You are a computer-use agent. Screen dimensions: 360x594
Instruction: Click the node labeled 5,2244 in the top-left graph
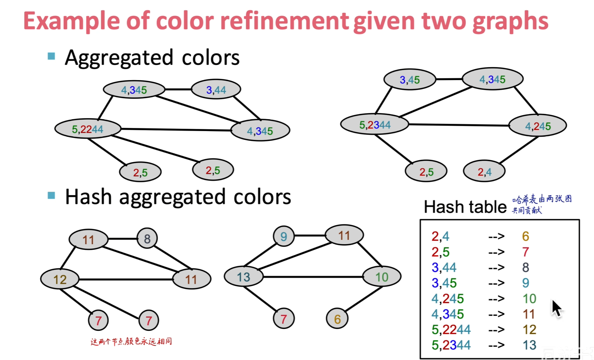88,129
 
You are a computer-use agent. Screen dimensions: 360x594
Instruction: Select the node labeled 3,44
216,90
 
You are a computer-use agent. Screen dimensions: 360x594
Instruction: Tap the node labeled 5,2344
374,125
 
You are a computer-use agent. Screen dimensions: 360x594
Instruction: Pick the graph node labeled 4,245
537,126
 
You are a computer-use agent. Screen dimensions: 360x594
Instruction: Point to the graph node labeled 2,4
484,172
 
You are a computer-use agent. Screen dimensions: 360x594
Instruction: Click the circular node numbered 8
147,238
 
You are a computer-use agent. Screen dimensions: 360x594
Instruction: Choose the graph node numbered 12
60,279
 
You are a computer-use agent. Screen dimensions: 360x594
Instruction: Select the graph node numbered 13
243,277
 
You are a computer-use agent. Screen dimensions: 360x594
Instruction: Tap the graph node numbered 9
284,236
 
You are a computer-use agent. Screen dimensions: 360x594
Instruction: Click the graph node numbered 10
382,277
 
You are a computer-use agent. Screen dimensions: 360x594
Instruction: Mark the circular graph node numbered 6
337,319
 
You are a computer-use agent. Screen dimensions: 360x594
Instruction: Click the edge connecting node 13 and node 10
313,277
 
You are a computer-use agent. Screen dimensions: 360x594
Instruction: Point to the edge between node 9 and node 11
310,235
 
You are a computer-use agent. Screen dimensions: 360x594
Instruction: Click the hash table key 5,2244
451,329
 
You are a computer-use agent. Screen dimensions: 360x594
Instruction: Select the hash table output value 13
529,345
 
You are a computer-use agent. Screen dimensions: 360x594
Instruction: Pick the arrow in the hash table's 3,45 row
496,283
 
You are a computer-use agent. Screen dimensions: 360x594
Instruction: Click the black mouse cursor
556,308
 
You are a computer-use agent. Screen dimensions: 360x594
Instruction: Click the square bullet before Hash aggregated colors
51,196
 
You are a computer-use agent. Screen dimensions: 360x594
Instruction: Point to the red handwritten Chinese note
131,341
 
